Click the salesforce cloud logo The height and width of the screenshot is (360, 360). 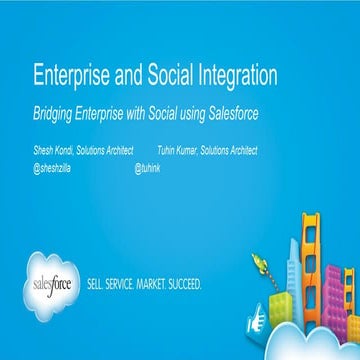point(55,283)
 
